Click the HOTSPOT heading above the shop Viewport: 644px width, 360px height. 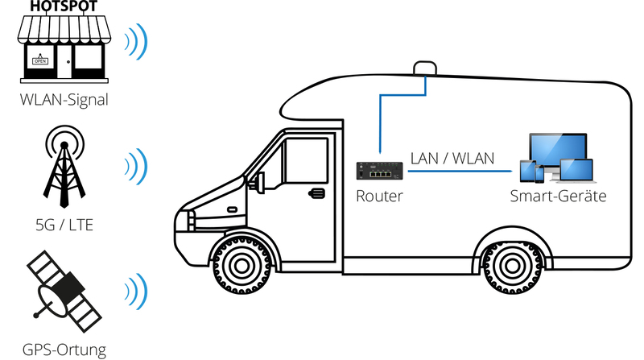(64, 6)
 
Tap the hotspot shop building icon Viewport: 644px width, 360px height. (64, 50)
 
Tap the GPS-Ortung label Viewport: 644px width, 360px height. (64, 349)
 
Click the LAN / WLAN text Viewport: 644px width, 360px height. (452, 158)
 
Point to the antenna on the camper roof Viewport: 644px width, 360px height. (424, 68)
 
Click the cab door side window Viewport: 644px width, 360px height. (304, 162)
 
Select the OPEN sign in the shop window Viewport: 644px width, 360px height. (39, 58)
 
